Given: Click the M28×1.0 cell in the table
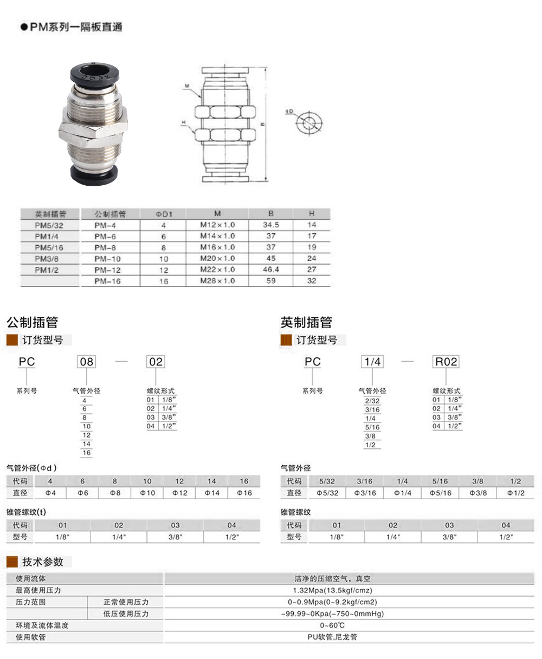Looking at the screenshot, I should pos(217,280).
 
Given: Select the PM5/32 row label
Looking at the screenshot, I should pos(49,225).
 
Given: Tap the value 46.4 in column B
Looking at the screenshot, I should pos(271,269).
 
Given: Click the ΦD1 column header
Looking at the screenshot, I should pos(163,214).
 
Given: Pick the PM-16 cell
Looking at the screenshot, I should pos(107,281).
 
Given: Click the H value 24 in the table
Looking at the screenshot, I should pos(311,258).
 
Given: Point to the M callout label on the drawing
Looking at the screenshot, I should pos(186,86).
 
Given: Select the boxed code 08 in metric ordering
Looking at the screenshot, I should pos(87,362).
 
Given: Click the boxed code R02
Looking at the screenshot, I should pos(446,362).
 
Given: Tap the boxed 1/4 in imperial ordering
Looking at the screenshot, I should pos(372,362).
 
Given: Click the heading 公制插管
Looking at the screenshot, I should pos(33,323).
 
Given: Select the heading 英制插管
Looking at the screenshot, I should pos(306,323).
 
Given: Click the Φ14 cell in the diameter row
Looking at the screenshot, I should pos(212,493).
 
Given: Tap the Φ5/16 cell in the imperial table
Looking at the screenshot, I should pos(440,493).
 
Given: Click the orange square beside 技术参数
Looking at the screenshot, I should pos(12,562).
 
